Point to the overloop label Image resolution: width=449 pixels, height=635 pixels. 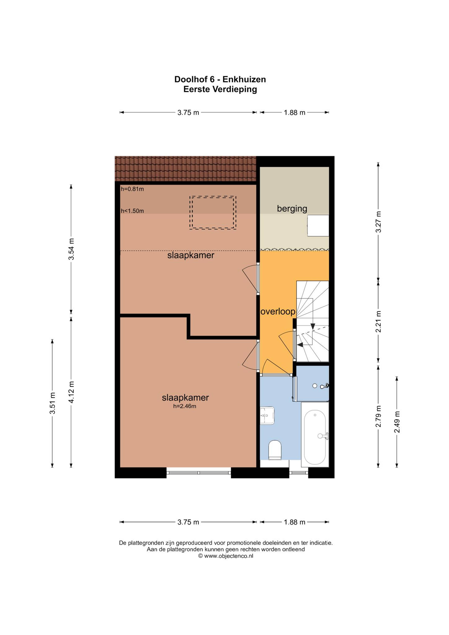pos(278,312)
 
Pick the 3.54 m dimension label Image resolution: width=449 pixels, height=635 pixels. pos(71,249)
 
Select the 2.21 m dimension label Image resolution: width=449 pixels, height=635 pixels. pos(378,322)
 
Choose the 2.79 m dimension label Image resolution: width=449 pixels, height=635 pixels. pos(378,416)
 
